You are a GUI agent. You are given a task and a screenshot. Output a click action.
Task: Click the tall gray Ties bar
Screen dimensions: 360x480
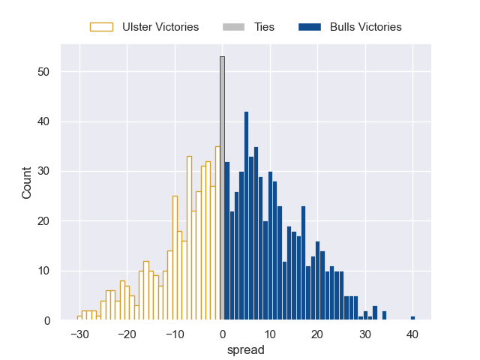click(x=222, y=187)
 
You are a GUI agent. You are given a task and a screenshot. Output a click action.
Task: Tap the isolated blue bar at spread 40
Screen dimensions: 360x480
click(x=412, y=318)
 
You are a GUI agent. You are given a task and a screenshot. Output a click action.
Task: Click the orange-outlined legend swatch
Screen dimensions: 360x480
click(x=101, y=27)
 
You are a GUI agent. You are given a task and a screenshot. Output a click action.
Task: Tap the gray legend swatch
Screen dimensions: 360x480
click(x=233, y=27)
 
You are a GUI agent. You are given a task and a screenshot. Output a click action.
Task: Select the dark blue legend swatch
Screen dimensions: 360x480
click(x=310, y=27)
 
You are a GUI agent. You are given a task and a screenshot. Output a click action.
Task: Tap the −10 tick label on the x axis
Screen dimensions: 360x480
click(x=175, y=334)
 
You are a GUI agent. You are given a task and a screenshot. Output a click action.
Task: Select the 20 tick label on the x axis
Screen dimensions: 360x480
click(x=317, y=334)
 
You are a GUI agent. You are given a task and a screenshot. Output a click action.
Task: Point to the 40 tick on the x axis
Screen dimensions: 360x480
click(x=412, y=334)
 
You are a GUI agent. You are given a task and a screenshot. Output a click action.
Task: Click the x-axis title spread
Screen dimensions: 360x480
click(x=246, y=349)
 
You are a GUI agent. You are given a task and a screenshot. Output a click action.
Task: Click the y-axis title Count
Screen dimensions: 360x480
click(x=27, y=181)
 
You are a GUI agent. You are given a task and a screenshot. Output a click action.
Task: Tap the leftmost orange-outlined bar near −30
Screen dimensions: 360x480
click(x=79, y=318)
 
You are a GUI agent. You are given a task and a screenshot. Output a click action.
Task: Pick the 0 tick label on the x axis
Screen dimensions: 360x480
click(x=222, y=334)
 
